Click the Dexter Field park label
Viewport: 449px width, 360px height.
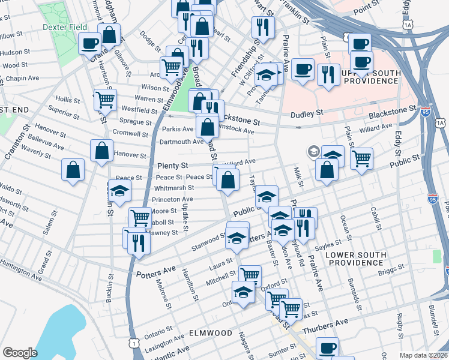(65, 27)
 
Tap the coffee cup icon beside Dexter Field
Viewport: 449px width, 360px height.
(90, 43)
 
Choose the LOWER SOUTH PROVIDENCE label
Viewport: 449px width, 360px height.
(355, 259)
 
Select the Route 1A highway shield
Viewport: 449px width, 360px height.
(408, 25)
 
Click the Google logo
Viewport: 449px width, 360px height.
(19, 353)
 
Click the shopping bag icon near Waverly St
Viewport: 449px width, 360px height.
(73, 169)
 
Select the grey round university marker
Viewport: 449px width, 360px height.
(313, 152)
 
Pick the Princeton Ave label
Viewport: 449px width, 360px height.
(172, 199)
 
